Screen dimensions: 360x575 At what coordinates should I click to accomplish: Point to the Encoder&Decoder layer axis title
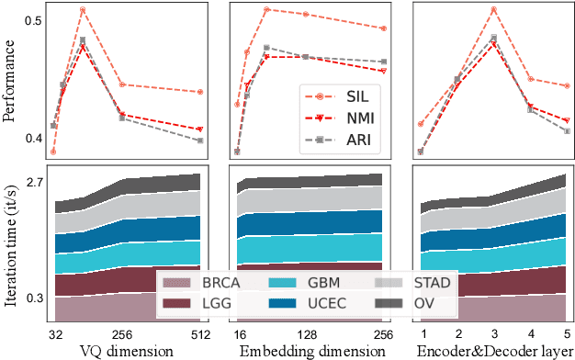click(492, 351)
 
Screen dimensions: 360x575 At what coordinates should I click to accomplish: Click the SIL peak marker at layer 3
click(493, 9)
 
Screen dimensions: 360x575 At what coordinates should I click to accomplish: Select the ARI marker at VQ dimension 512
click(199, 141)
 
